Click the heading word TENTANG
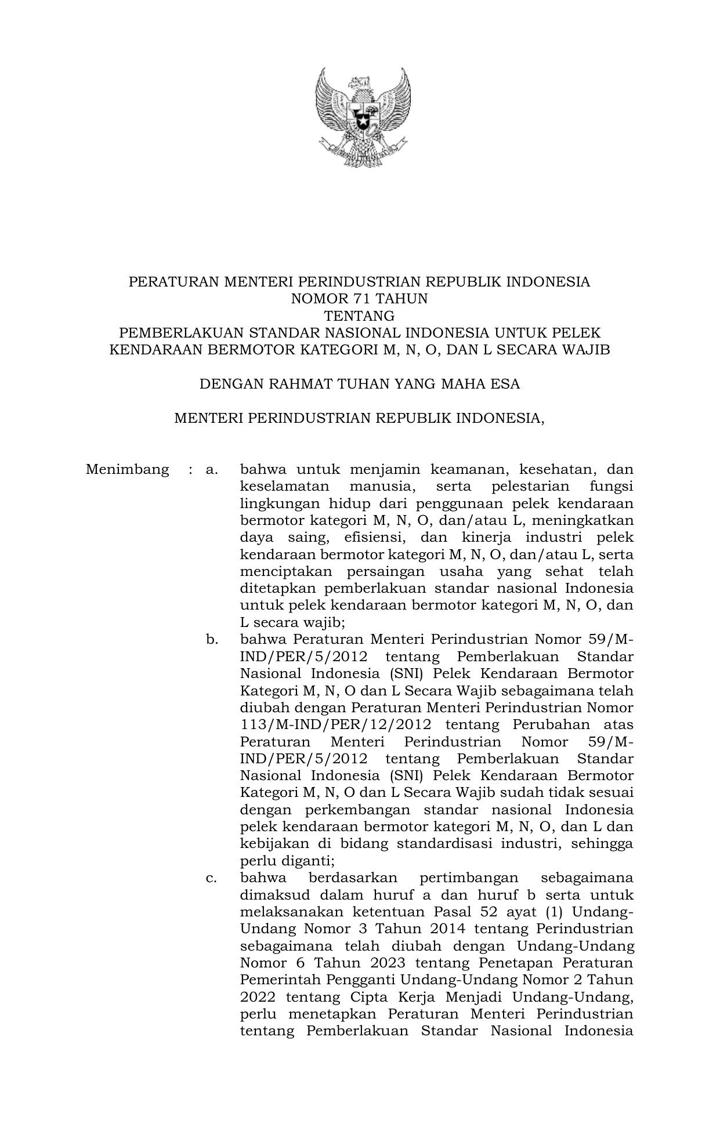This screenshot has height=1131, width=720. coord(359,316)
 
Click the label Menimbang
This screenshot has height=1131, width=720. coord(127,469)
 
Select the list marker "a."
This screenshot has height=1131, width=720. coord(212,469)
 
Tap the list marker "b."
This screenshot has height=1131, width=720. coord(212,640)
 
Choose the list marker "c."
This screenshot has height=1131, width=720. coord(212,878)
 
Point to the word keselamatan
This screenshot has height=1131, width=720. coord(284,486)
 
